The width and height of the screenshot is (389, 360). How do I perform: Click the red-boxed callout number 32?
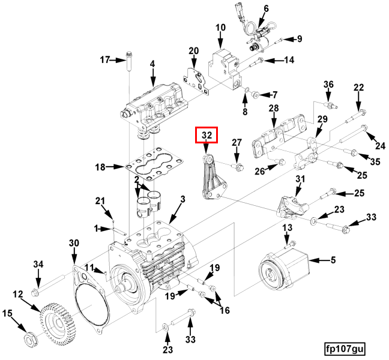pyautogui.click(x=207, y=135)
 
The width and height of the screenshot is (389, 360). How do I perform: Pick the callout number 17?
pyautogui.click(x=105, y=59)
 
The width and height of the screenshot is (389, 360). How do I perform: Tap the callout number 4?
pyautogui.click(x=152, y=64)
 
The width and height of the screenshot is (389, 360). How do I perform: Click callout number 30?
pyautogui.click(x=74, y=242)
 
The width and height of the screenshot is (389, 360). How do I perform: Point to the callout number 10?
pyautogui.click(x=220, y=28)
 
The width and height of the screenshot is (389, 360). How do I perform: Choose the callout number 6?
pyautogui.click(x=265, y=9)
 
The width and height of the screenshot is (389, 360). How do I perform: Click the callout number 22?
pyautogui.click(x=358, y=88)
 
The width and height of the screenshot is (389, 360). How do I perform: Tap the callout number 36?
pyautogui.click(x=328, y=84)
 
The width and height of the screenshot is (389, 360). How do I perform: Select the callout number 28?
pyautogui.click(x=274, y=108)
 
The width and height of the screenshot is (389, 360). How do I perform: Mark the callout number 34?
pyautogui.click(x=38, y=265)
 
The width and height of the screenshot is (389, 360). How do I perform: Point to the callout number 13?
pyautogui.click(x=287, y=227)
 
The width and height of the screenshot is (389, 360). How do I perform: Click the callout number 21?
pyautogui.click(x=100, y=200)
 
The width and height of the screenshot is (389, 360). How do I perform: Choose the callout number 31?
pyautogui.click(x=300, y=179)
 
